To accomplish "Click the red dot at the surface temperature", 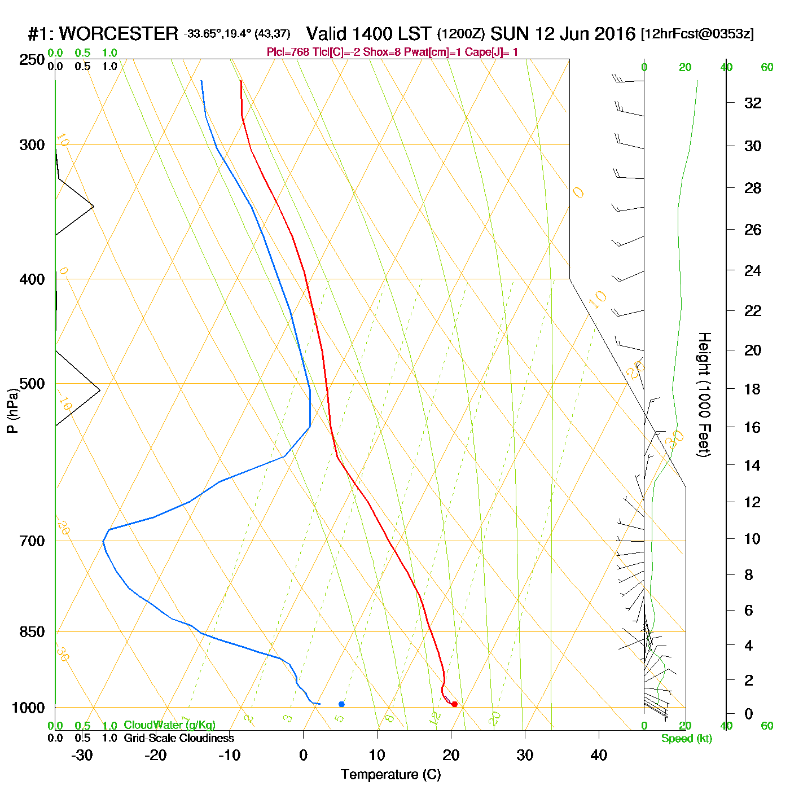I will tap(454, 704).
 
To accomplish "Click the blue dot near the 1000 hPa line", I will tap(341, 704).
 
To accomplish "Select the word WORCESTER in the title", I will tap(118, 34).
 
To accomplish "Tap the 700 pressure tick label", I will tap(32, 541).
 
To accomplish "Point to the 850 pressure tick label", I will tap(32, 631).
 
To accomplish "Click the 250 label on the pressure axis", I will tap(32, 60).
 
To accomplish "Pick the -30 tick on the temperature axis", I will tap(82, 755).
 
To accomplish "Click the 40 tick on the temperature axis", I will tap(599, 755).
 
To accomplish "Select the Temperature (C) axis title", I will tap(390, 775).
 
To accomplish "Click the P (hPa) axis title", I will tap(12, 410).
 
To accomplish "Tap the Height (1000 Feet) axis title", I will tap(704, 394).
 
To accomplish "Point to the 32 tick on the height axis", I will tap(753, 103).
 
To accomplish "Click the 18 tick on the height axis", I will tap(753, 389).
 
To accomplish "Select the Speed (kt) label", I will tap(686, 739).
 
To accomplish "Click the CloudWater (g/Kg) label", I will tap(169, 725).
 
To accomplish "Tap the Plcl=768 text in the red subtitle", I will tap(288, 52).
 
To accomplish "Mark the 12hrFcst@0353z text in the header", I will tap(697, 34).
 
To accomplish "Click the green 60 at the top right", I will tap(767, 68).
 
